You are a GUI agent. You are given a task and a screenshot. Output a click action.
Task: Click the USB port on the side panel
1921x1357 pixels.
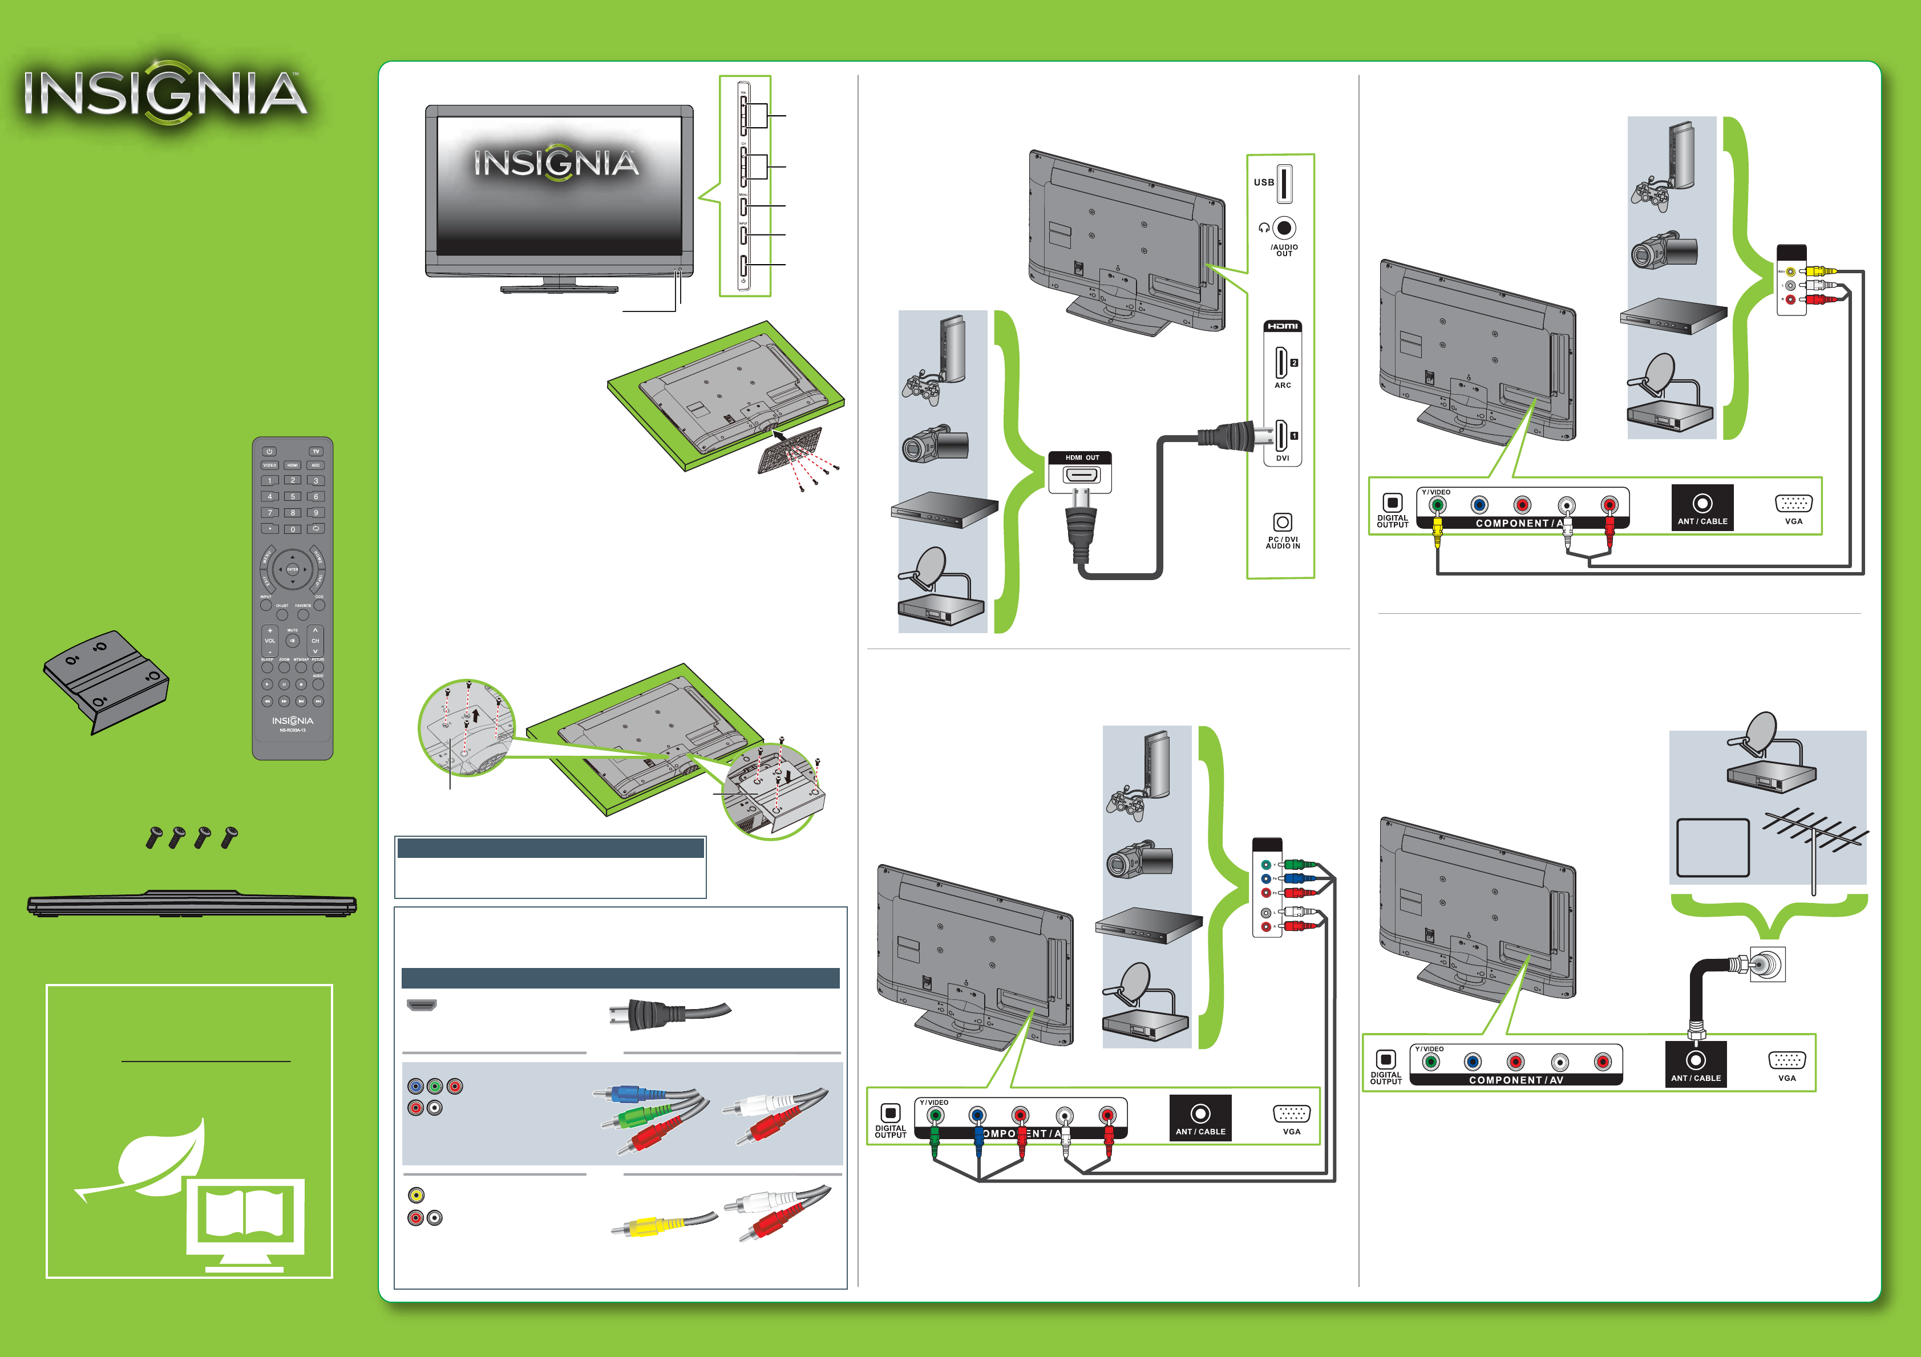[x=1284, y=183]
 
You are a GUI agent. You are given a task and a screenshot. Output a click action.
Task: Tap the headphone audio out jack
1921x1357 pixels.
[x=1284, y=228]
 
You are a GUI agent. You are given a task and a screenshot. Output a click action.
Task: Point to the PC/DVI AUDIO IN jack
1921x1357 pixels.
[x=1282, y=522]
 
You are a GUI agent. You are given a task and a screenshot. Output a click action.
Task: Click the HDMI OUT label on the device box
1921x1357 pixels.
[x=1081, y=457]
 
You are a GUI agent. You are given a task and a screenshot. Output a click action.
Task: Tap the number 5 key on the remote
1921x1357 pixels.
[x=293, y=496]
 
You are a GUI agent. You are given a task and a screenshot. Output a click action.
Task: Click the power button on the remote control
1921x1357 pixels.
[x=269, y=452]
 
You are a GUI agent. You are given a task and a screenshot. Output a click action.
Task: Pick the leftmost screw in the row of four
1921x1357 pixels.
[x=154, y=837]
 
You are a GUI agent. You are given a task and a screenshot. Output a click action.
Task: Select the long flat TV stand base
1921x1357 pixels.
[x=192, y=905]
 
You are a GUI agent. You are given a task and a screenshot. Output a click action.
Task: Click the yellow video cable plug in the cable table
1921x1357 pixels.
[x=646, y=1228]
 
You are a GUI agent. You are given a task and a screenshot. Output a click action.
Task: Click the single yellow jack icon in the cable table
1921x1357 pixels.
[x=416, y=1194]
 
